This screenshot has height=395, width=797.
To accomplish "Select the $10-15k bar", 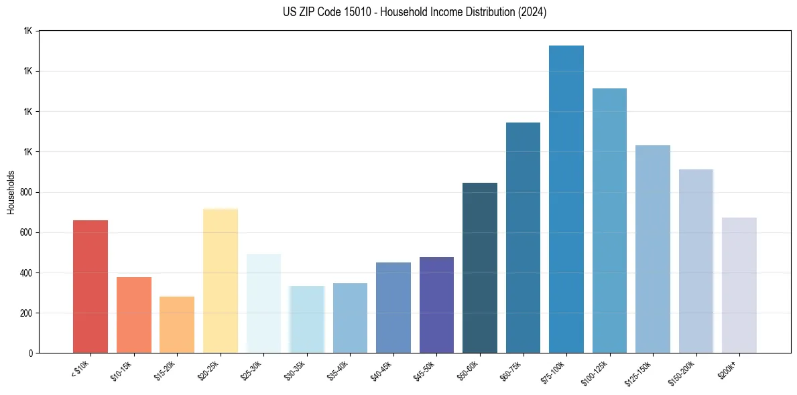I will point(133,315).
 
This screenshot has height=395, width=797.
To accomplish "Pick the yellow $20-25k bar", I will point(221,281).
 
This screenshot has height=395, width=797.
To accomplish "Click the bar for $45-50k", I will point(436,305).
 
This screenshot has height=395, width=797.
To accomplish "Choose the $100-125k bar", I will point(609,220).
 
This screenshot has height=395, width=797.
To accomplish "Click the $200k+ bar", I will point(739,285).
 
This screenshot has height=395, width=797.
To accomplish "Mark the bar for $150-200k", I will point(696,261).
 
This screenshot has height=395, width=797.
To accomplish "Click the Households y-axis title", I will point(11,192).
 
